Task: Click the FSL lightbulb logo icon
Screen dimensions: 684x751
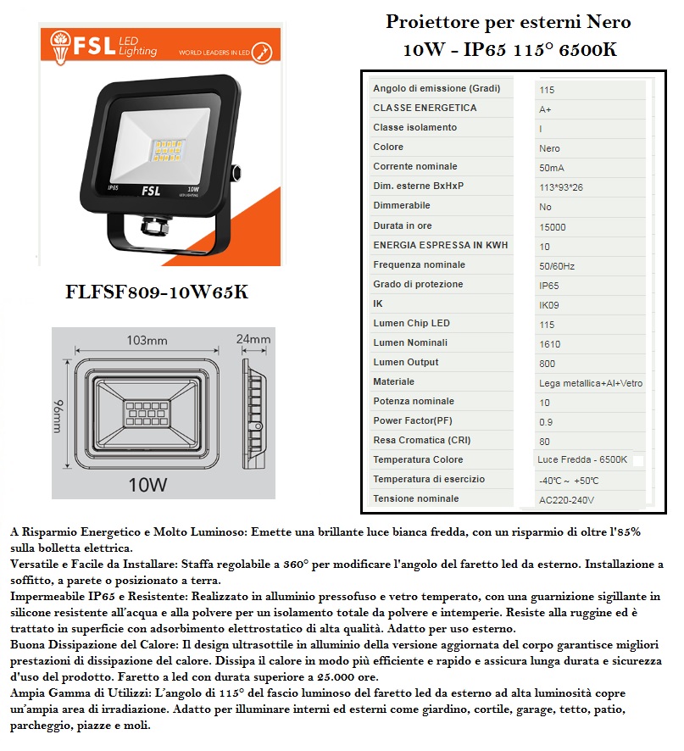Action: [59, 47]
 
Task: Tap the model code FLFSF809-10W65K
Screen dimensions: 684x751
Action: [157, 292]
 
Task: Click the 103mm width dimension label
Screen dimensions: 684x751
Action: [147, 341]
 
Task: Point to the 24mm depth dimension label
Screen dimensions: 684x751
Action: [253, 339]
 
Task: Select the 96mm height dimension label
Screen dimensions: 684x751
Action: [58, 416]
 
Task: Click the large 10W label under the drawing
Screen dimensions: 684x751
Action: [148, 485]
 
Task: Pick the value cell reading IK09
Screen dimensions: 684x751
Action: [549, 305]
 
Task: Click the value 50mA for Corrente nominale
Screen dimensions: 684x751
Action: [552, 168]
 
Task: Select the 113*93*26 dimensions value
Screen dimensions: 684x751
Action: [561, 187]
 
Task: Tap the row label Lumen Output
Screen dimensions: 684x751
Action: [406, 362]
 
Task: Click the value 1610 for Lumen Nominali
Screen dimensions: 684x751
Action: [549, 344]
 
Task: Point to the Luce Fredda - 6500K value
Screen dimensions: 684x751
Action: [582, 459]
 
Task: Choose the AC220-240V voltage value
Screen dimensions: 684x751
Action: [567, 500]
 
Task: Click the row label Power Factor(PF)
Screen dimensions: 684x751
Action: [413, 420]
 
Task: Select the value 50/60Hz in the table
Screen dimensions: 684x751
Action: [557, 266]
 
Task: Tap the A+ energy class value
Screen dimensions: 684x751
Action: [545, 109]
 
